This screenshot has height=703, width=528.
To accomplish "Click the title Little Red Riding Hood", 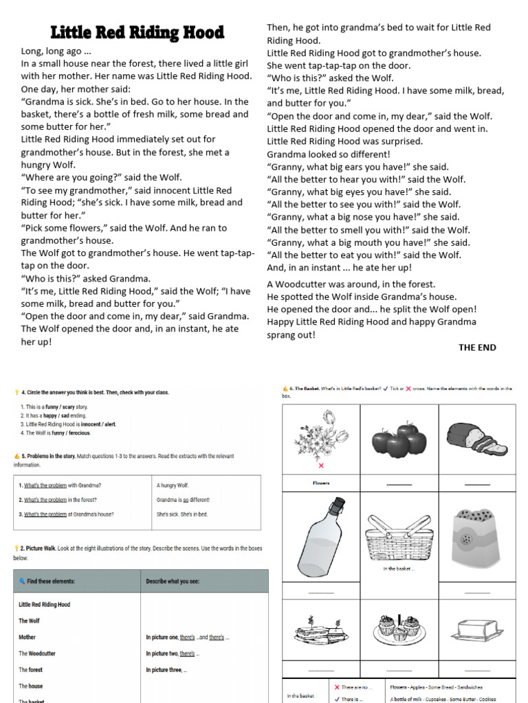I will click(137, 32).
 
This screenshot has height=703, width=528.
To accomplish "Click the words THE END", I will click(477, 347).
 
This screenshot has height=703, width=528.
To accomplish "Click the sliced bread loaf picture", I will click(476, 439).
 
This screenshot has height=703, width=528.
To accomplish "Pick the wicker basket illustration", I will click(399, 538).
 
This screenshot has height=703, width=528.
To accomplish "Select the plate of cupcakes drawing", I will click(399, 627).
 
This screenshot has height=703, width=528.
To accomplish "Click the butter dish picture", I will click(476, 629).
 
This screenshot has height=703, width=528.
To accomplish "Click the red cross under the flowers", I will click(321, 465).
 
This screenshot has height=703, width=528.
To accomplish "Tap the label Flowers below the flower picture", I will click(321, 483).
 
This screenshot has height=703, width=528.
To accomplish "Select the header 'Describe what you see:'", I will click(172, 581).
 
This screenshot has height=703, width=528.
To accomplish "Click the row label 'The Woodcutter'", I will click(37, 654).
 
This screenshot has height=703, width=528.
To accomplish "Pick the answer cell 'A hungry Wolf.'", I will click(173, 485).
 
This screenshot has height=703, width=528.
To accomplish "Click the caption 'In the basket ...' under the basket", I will click(399, 568).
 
